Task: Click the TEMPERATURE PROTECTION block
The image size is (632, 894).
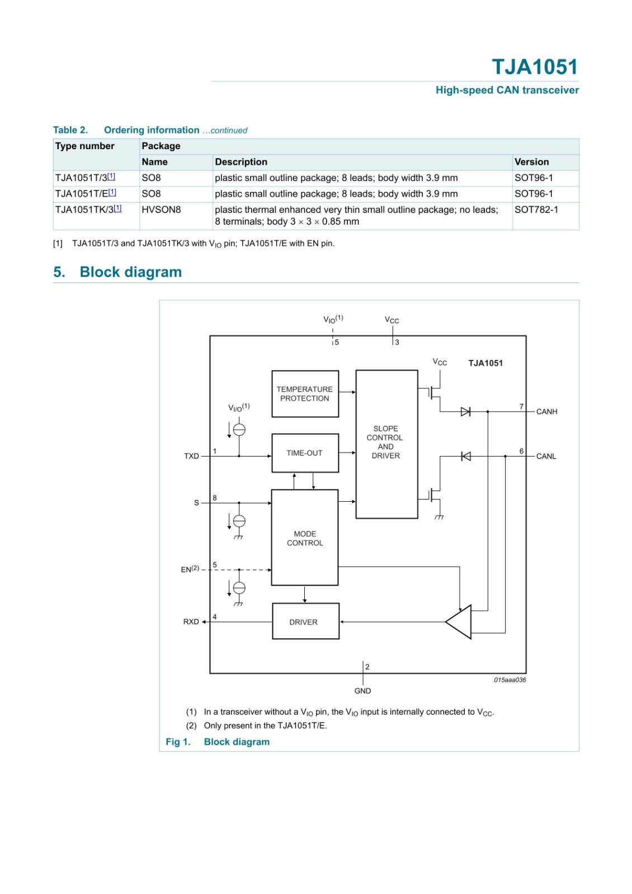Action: coord(305,393)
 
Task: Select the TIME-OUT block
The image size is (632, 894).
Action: coord(305,453)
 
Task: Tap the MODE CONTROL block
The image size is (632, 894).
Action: coord(304,538)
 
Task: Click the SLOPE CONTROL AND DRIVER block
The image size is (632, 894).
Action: coord(386,444)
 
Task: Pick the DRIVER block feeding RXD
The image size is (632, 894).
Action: coord(305,621)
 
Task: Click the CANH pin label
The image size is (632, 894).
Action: coord(546,411)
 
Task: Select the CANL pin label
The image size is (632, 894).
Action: coord(546,456)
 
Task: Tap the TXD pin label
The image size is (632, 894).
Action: coord(191,456)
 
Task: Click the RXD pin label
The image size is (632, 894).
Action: coord(191,621)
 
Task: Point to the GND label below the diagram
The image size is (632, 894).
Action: coord(362,691)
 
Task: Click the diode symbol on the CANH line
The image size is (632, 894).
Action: coord(465,411)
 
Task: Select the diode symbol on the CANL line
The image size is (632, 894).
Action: coord(465,456)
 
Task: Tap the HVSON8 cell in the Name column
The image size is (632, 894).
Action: coord(162,210)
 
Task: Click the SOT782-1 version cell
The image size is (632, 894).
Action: coord(536,210)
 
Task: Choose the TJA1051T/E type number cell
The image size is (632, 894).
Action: coord(86,193)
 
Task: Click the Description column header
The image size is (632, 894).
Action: coord(241,161)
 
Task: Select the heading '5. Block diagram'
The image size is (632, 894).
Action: coord(117,272)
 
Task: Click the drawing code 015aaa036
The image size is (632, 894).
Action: coord(510,679)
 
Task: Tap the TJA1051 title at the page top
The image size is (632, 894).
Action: coord(535,66)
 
